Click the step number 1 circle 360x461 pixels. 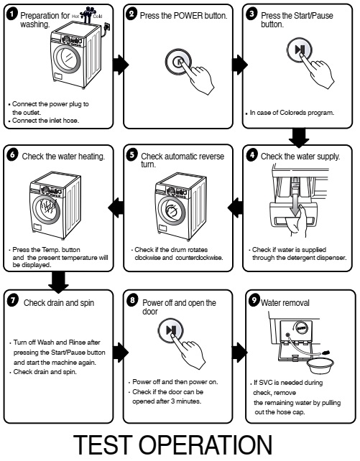click(11, 14)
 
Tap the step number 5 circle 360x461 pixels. click(131, 156)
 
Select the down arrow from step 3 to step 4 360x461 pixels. click(300, 136)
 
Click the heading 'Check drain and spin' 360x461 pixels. click(57, 303)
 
